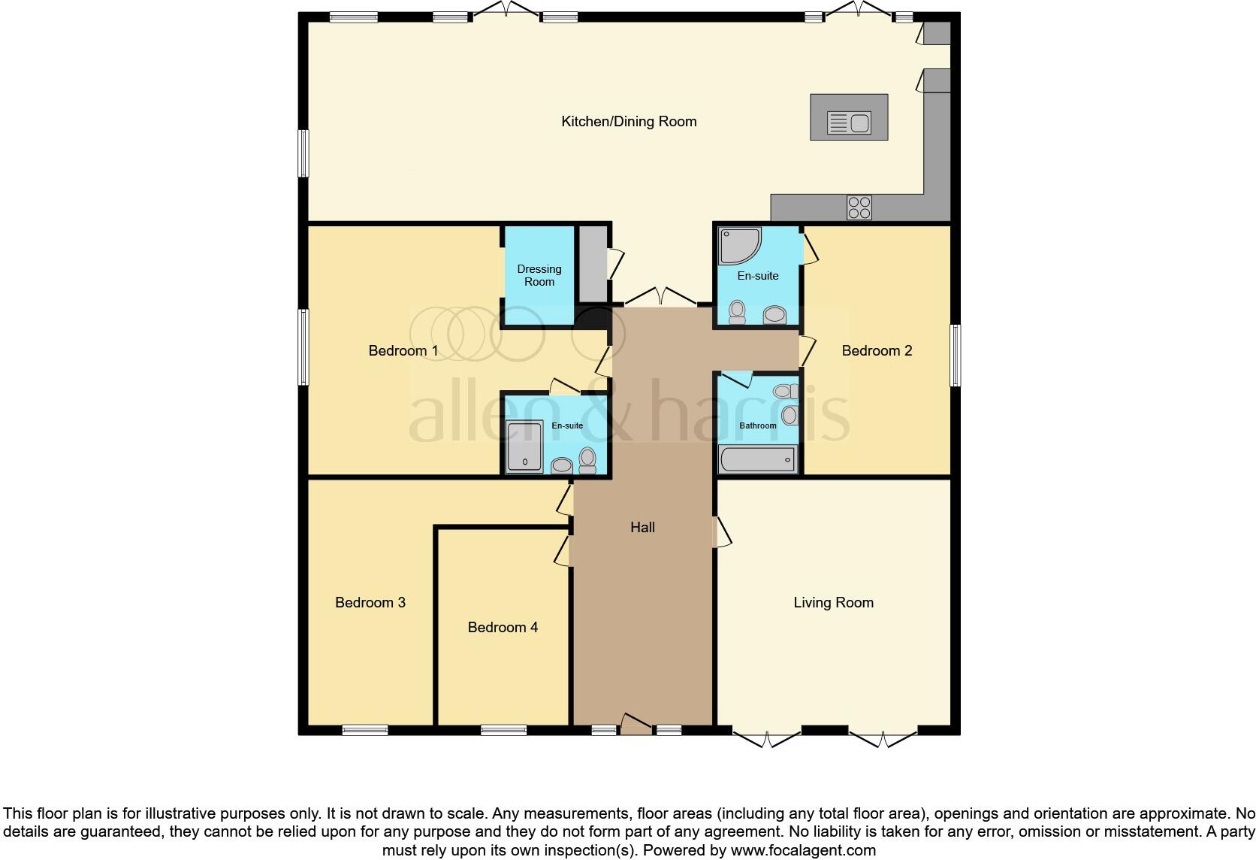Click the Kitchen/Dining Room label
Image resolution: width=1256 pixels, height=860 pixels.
coord(629,121)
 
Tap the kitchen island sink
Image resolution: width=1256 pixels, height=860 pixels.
coord(849,122)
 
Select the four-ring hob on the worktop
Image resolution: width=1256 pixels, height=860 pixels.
coord(859,207)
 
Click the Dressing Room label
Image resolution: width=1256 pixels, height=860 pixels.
coord(539,275)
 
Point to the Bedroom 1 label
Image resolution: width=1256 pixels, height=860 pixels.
coord(403,350)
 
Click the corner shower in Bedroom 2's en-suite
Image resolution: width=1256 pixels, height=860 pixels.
coord(739,246)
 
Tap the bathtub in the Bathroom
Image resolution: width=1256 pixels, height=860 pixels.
coord(758,459)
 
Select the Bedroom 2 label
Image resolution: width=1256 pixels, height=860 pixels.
coord(877,350)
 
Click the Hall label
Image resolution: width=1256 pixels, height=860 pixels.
coord(642,528)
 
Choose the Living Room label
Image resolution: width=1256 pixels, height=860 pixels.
coord(833,602)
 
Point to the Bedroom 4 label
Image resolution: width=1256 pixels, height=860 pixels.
coord(503,627)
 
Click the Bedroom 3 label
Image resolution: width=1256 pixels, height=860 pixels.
coord(370,602)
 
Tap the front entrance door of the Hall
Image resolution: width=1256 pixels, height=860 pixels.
coord(636,724)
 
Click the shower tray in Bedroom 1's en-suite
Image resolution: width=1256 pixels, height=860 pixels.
coord(524,446)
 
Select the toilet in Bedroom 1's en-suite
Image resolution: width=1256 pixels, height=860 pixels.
coord(587,460)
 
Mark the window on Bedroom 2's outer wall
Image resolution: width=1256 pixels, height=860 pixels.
coord(955,356)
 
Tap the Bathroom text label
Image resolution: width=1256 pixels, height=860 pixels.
coord(757,425)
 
